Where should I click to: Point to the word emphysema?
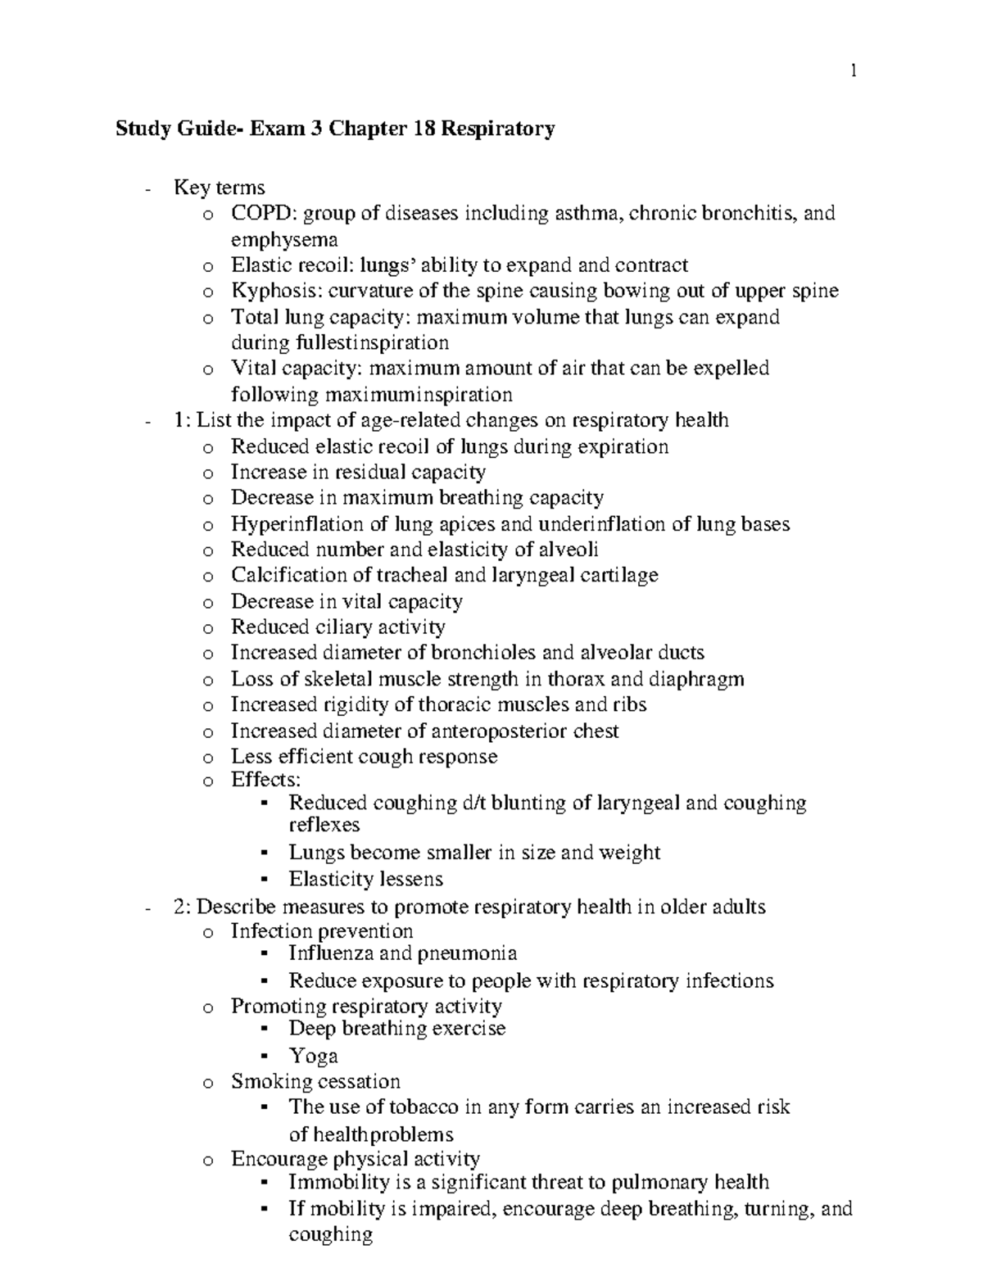284,240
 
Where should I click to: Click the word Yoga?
314,1056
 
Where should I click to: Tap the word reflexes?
324,825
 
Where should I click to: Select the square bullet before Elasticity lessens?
264,880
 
